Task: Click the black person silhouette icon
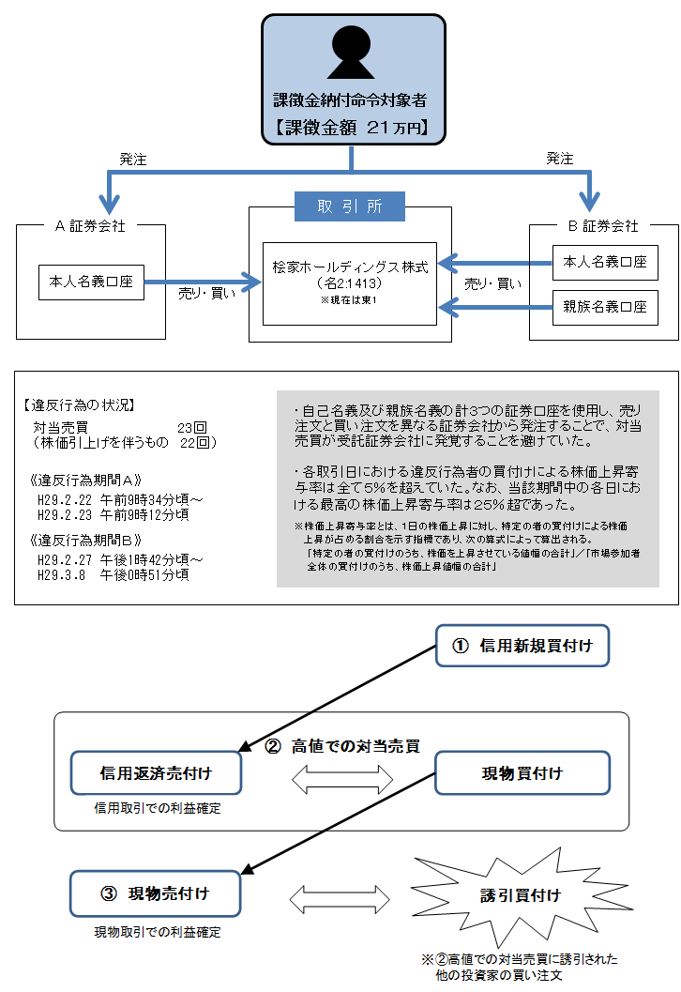pyautogui.click(x=351, y=53)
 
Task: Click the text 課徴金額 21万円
pyautogui.click(x=351, y=129)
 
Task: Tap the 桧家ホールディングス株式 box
pyautogui.click(x=350, y=281)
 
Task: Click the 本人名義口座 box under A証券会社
pyautogui.click(x=91, y=282)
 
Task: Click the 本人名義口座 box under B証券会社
pyautogui.click(x=605, y=263)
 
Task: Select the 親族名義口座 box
pyautogui.click(x=605, y=307)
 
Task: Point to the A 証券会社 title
pyautogui.click(x=91, y=226)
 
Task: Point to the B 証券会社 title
pyautogui.click(x=604, y=226)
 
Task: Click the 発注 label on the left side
pyautogui.click(x=132, y=160)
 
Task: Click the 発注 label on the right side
pyautogui.click(x=560, y=160)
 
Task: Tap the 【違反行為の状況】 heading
pyautogui.click(x=79, y=405)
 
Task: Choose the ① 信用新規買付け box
pyautogui.click(x=522, y=646)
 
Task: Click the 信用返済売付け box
pyautogui.click(x=156, y=773)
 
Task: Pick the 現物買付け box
pyautogui.click(x=522, y=773)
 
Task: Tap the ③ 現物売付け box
pyautogui.click(x=156, y=893)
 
